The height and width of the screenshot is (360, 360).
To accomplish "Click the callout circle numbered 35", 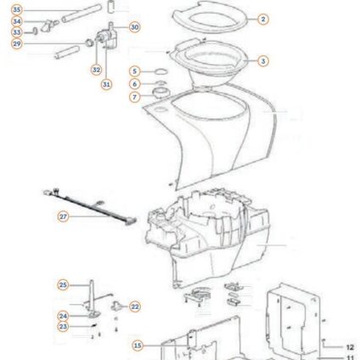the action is tap(17, 10).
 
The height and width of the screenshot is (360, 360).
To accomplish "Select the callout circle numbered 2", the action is tap(263, 19).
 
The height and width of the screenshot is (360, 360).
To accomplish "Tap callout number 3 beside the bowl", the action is tap(263, 61).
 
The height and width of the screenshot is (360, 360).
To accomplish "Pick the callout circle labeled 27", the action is tap(63, 217).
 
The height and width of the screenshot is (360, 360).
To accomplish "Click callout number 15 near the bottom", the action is tap(138, 346).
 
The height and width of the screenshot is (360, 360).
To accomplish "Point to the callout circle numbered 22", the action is tap(135, 307).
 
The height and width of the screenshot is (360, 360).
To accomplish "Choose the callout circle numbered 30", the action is tap(135, 27).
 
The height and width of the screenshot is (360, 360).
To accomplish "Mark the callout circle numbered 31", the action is tap(106, 84).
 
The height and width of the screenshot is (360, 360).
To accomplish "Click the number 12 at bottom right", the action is tap(350, 347).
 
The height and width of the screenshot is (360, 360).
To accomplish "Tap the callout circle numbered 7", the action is tap(135, 97).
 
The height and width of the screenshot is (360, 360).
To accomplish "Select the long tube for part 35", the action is tap(82, 14).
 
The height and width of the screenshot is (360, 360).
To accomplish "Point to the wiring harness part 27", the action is tap(90, 206).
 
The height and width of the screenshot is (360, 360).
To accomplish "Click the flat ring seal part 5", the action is tap(161, 71).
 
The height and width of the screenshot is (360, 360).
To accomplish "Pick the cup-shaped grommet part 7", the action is tap(161, 93).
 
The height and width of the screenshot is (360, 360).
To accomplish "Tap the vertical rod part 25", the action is tap(92, 295).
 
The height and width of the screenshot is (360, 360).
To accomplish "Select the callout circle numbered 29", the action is tap(17, 44).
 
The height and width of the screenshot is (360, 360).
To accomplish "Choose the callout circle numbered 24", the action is tap(63, 316).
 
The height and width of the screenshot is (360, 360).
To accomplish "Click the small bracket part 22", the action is tap(116, 306).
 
